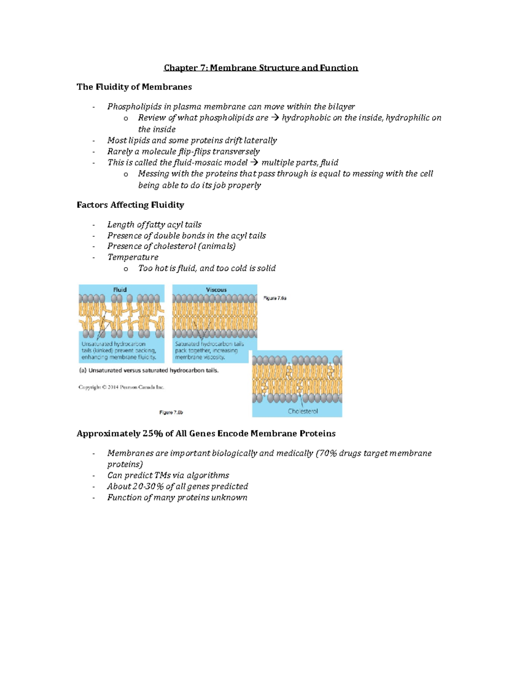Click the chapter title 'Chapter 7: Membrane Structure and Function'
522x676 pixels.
tap(261, 68)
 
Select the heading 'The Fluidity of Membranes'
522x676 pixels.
tap(134, 87)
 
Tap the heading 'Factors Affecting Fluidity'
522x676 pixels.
tap(130, 205)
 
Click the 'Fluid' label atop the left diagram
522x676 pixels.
tap(120, 290)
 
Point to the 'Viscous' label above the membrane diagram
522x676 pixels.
tap(216, 290)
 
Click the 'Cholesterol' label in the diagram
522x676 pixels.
tap(303, 411)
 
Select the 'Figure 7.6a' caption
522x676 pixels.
tap(275, 299)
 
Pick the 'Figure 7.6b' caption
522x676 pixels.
tap(171, 413)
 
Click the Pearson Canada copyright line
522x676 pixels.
tap(121, 387)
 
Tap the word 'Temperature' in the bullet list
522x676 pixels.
tap(133, 257)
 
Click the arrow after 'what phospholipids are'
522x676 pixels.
tap(275, 118)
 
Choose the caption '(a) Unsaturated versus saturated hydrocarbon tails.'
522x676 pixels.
tap(149, 371)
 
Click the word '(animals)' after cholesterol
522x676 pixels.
tap(217, 246)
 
